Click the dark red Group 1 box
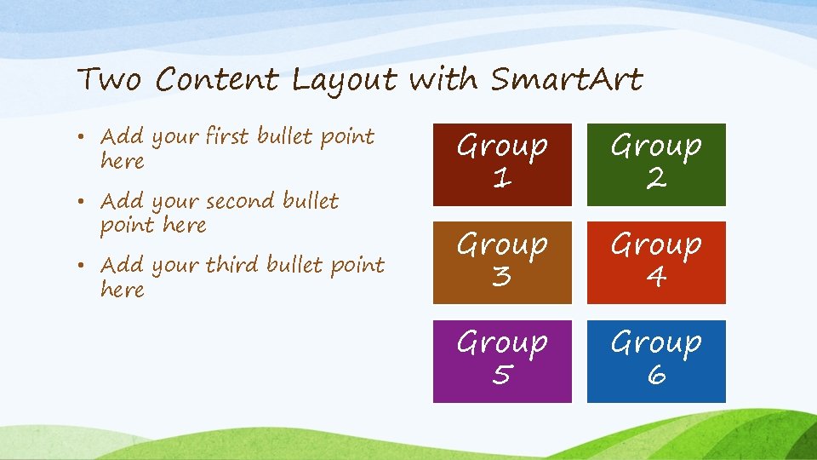pyautogui.click(x=502, y=164)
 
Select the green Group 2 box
pyautogui.click(x=656, y=164)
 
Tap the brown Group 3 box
pyautogui.click(x=502, y=262)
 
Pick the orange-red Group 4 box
pyautogui.click(x=656, y=262)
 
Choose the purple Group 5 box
pyautogui.click(x=502, y=360)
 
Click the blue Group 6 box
pyautogui.click(x=656, y=360)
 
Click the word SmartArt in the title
pyautogui.click(x=567, y=80)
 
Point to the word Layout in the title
pyautogui.click(x=345, y=81)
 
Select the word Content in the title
pyautogui.click(x=218, y=80)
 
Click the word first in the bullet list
pyautogui.click(x=227, y=136)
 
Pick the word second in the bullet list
pyautogui.click(x=243, y=201)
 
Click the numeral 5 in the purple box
pyautogui.click(x=502, y=376)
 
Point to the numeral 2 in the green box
pyautogui.click(x=656, y=180)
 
